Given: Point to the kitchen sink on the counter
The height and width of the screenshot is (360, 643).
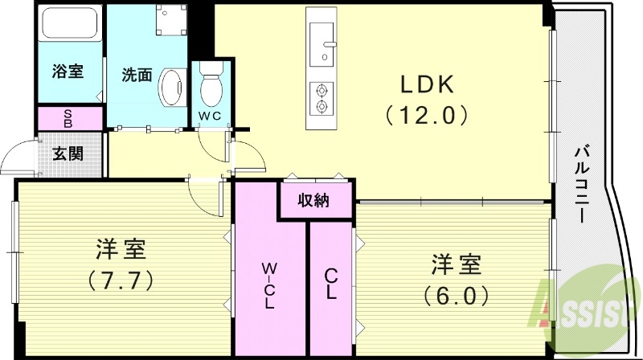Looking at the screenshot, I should coord(323,45).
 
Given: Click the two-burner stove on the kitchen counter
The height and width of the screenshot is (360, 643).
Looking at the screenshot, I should coord(322,96).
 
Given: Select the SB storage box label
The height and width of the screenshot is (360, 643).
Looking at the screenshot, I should coord(68,119).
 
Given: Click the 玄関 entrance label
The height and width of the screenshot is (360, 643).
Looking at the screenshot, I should coord(67,153).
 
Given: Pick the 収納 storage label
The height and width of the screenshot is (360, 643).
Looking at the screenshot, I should coord(315,201).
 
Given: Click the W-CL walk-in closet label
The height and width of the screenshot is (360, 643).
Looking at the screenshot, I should coord(269,285).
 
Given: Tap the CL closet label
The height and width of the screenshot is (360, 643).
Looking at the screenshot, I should coord(330,284).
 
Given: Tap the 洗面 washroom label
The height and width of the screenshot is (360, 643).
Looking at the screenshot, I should coord(137,76).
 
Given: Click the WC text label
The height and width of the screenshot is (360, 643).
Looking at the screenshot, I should coord(210,116).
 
